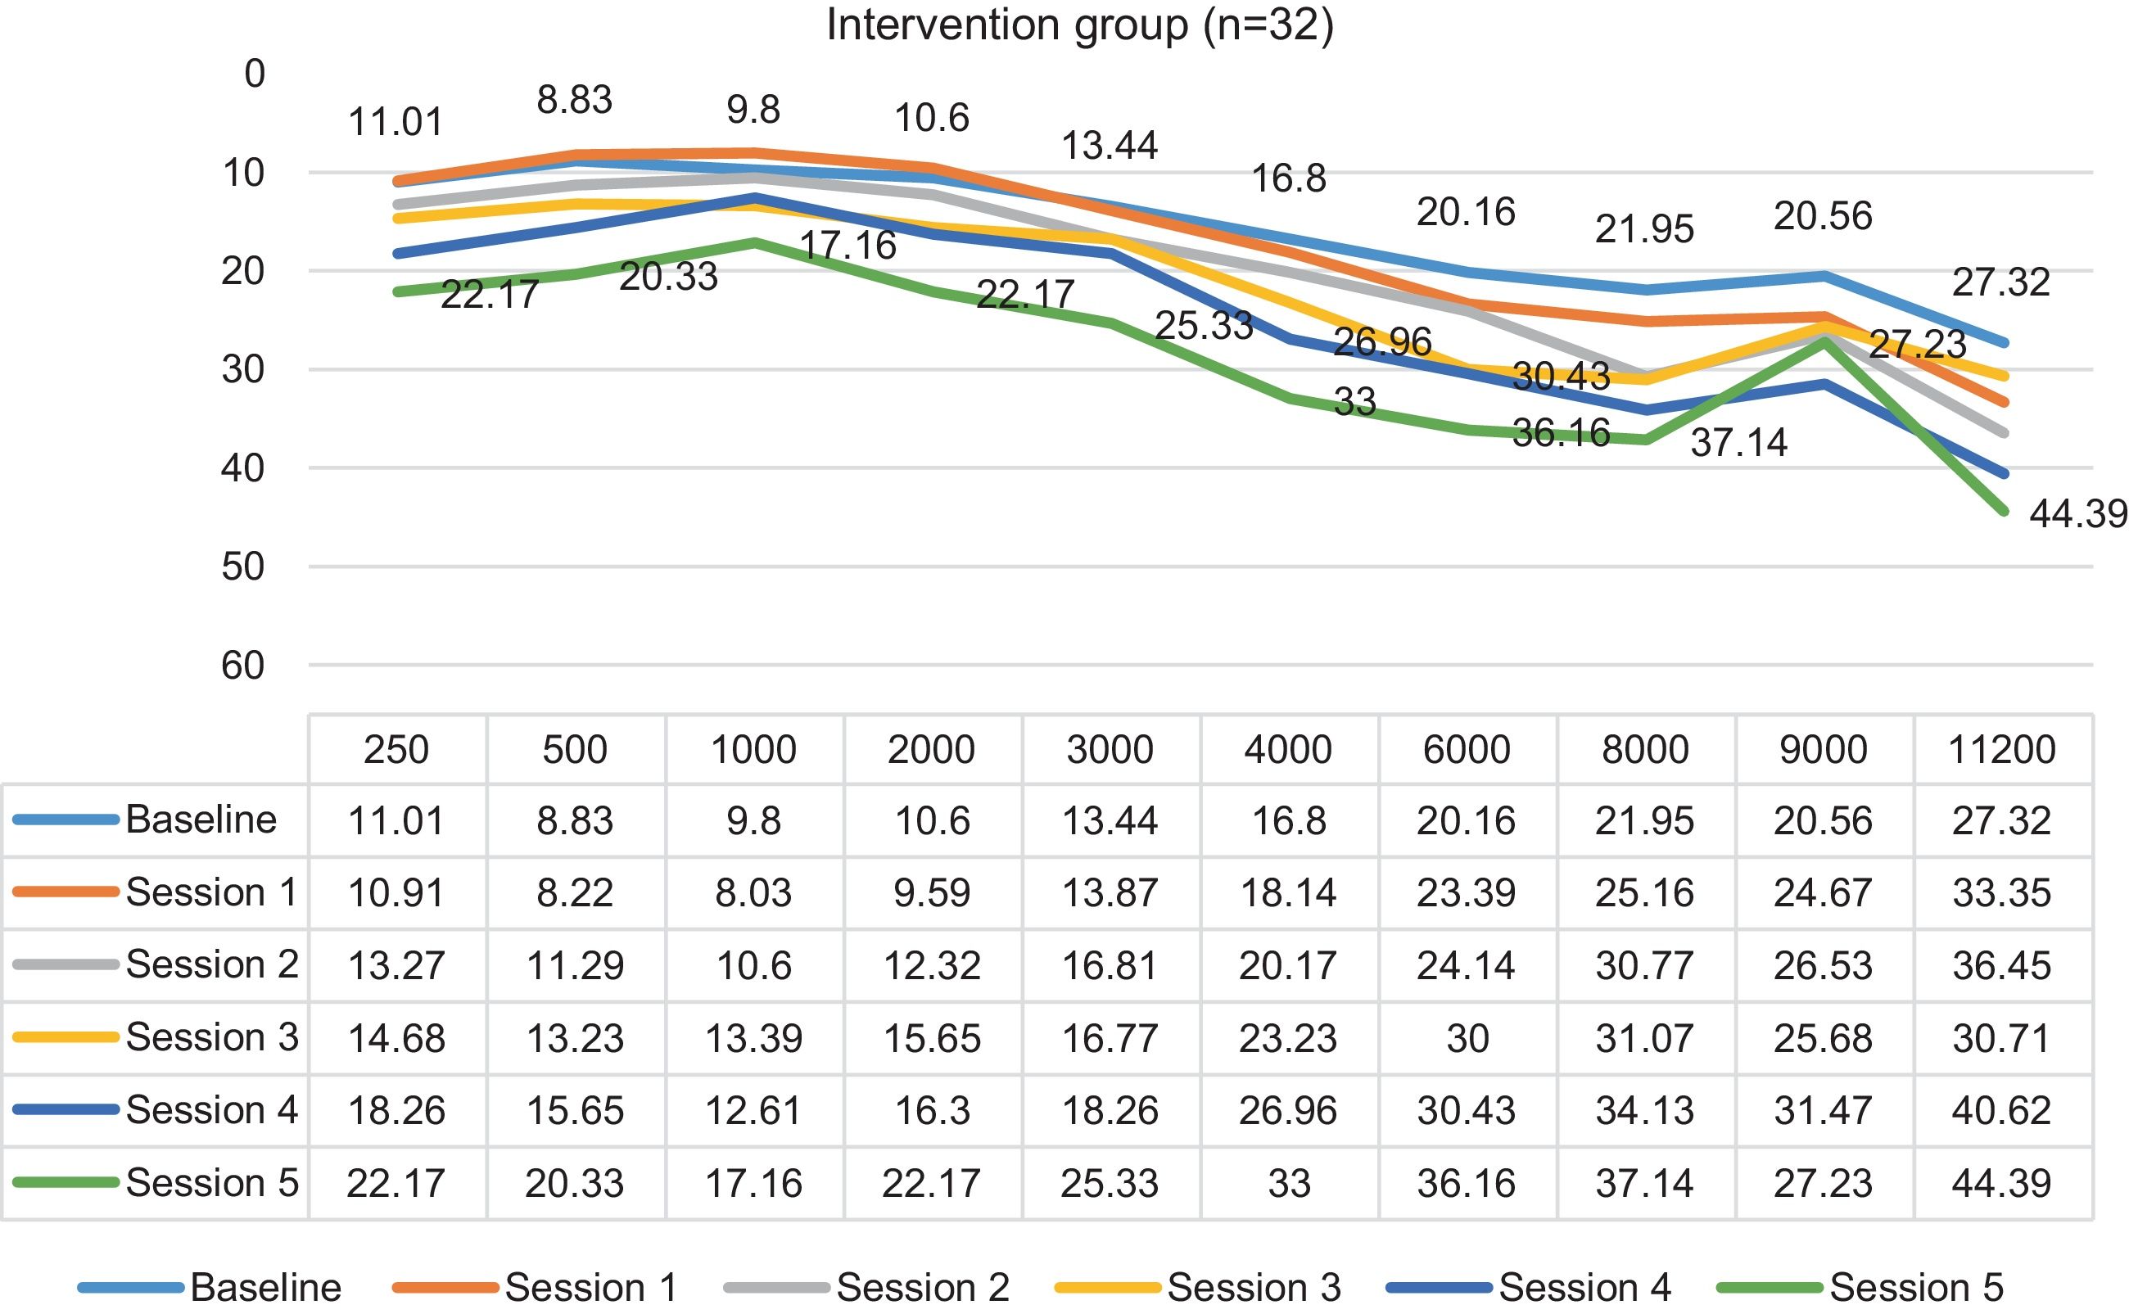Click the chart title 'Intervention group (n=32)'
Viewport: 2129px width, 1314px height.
pyautogui.click(x=1079, y=25)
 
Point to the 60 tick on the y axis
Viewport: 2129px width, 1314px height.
pyautogui.click(x=243, y=666)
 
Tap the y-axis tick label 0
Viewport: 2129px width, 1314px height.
pyautogui.click(x=255, y=74)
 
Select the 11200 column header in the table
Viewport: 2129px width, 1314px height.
pyautogui.click(x=2002, y=749)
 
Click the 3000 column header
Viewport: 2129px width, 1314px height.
pyautogui.click(x=1110, y=749)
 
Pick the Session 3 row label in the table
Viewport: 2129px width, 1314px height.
pyautogui.click(x=211, y=1036)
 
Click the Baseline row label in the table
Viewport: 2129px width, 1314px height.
pyautogui.click(x=201, y=820)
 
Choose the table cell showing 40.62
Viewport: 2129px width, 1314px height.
pyautogui.click(x=2002, y=1110)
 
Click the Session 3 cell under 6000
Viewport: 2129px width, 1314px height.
pyautogui.click(x=1467, y=1037)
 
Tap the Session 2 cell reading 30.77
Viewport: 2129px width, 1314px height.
pyautogui.click(x=1645, y=965)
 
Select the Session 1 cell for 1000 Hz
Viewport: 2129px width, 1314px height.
pyautogui.click(x=753, y=892)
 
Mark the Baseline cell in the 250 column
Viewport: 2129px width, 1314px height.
pyautogui.click(x=396, y=820)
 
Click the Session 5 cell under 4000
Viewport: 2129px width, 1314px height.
pyautogui.click(x=1289, y=1183)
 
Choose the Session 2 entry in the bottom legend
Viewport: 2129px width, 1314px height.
pyautogui.click(x=922, y=1287)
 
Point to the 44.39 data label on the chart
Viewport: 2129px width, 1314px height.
pyautogui.click(x=2077, y=514)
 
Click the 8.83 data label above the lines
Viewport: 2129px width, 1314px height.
pyautogui.click(x=574, y=100)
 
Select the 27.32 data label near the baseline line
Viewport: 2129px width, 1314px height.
pyautogui.click(x=2001, y=282)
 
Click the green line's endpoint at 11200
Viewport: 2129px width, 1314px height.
pyautogui.click(x=2004, y=511)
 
